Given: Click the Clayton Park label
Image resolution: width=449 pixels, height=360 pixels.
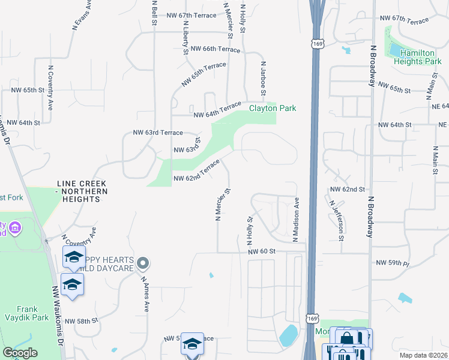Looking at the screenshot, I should pyautogui.click(x=273, y=108).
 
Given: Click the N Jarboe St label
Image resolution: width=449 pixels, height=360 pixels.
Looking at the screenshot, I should pyautogui.click(x=263, y=77).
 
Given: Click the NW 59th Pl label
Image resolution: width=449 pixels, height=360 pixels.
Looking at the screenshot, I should pyautogui.click(x=392, y=263).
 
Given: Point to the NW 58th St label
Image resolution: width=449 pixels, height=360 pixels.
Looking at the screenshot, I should pyautogui.click(x=81, y=321).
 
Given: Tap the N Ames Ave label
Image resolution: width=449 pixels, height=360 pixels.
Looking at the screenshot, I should pyautogui.click(x=145, y=293).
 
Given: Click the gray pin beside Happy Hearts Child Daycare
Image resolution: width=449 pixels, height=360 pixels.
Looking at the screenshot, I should pyautogui.click(x=142, y=263).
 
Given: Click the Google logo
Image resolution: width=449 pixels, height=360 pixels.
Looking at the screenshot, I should pyautogui.click(x=20, y=353).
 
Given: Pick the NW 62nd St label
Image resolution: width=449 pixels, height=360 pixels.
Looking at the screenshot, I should pyautogui.click(x=348, y=189).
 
